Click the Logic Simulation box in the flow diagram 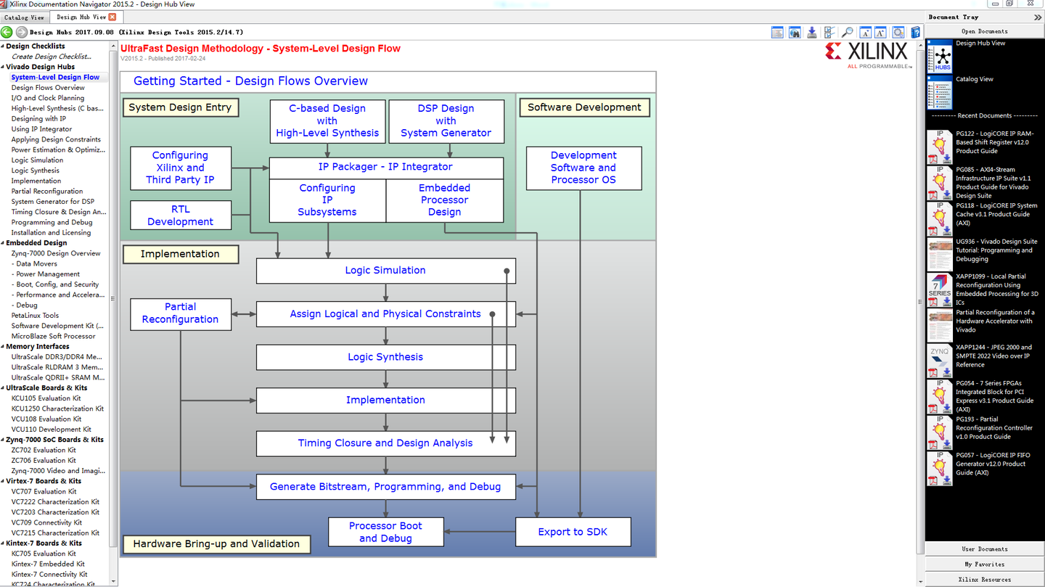tap(385, 271)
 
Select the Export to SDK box tap(573, 532)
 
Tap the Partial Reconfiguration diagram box tap(181, 313)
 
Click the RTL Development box tap(181, 215)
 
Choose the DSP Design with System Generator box tap(446, 120)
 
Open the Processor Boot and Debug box tap(385, 532)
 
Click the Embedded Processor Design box tap(444, 200)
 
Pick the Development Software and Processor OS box tap(583, 168)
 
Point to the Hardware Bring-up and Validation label tap(216, 544)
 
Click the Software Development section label tap(584, 107)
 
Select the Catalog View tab tap(24, 17)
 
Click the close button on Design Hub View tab tap(112, 17)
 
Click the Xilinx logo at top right tap(867, 53)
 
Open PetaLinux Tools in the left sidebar tap(35, 316)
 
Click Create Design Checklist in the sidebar tap(51, 57)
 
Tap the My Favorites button tap(984, 564)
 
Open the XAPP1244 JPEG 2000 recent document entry tap(992, 356)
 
